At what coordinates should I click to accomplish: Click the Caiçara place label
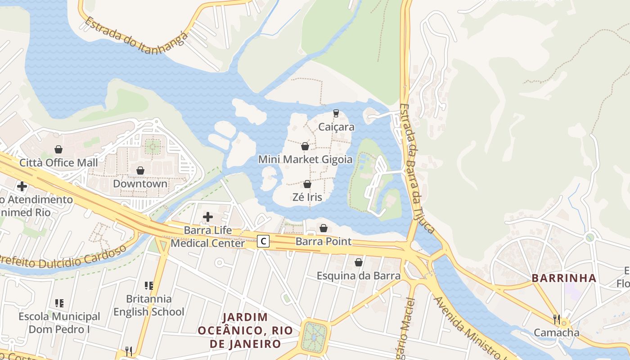pos(336,127)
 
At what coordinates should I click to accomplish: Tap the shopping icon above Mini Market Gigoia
pos(305,146)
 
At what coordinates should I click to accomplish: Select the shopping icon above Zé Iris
pos(307,184)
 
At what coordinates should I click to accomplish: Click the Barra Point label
pos(323,242)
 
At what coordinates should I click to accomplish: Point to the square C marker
pos(263,242)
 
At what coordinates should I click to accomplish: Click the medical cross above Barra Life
pos(207,217)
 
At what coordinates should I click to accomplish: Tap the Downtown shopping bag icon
pos(140,171)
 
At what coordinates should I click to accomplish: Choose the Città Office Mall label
pos(58,162)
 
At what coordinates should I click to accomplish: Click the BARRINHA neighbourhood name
pos(564,278)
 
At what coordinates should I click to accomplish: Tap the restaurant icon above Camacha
pos(557,319)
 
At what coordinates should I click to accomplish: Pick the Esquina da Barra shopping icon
pos(359,262)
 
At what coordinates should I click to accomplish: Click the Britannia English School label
pos(148,305)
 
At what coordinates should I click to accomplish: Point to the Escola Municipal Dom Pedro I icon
pos(59,303)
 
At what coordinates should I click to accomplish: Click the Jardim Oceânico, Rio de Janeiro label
pos(245,330)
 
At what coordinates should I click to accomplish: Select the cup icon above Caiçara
pos(336,113)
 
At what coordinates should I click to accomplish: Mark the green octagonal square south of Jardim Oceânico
pos(315,336)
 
